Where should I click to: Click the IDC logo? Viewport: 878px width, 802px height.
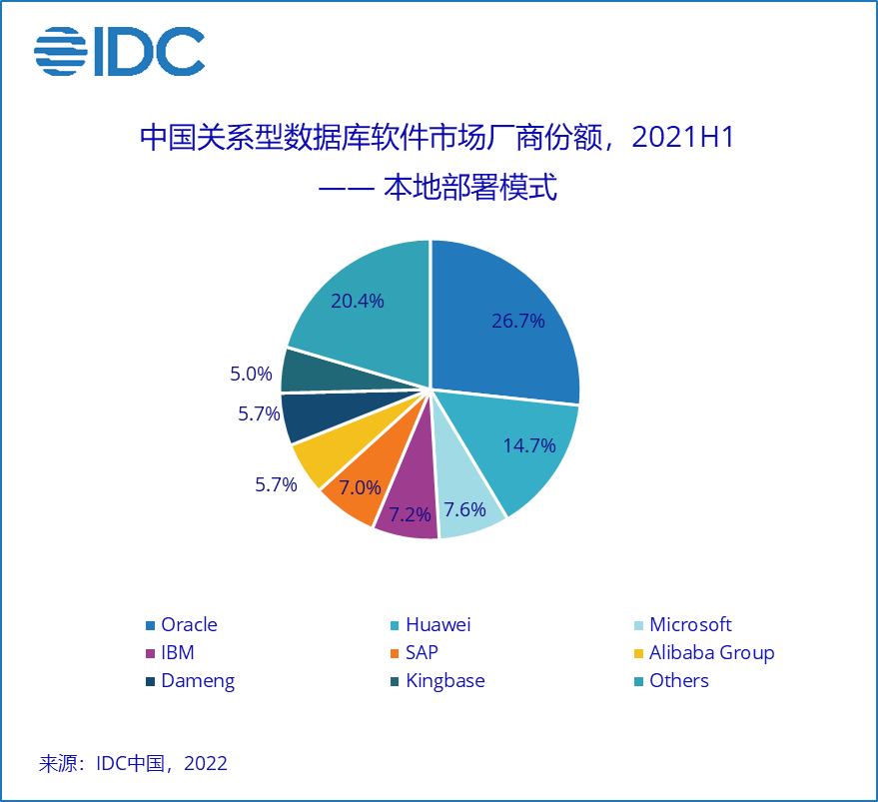point(119,51)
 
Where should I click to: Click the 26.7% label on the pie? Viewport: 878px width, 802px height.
point(518,321)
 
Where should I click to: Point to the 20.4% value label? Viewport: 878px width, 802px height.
point(357,301)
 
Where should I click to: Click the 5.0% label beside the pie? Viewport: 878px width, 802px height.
point(251,375)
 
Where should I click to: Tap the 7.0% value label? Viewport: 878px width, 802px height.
point(360,488)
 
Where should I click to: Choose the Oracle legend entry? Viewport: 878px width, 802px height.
point(188,624)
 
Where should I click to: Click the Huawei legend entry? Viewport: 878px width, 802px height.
point(437,624)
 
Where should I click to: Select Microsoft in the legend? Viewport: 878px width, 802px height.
point(690,624)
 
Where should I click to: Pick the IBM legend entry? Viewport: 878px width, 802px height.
point(177,652)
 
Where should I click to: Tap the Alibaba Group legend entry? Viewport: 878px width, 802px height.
point(711,652)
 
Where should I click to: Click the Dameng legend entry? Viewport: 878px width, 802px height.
point(197,680)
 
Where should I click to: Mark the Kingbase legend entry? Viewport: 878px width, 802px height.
point(444,680)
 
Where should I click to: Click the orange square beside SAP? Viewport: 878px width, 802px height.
point(396,653)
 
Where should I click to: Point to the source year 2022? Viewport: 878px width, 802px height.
point(207,764)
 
